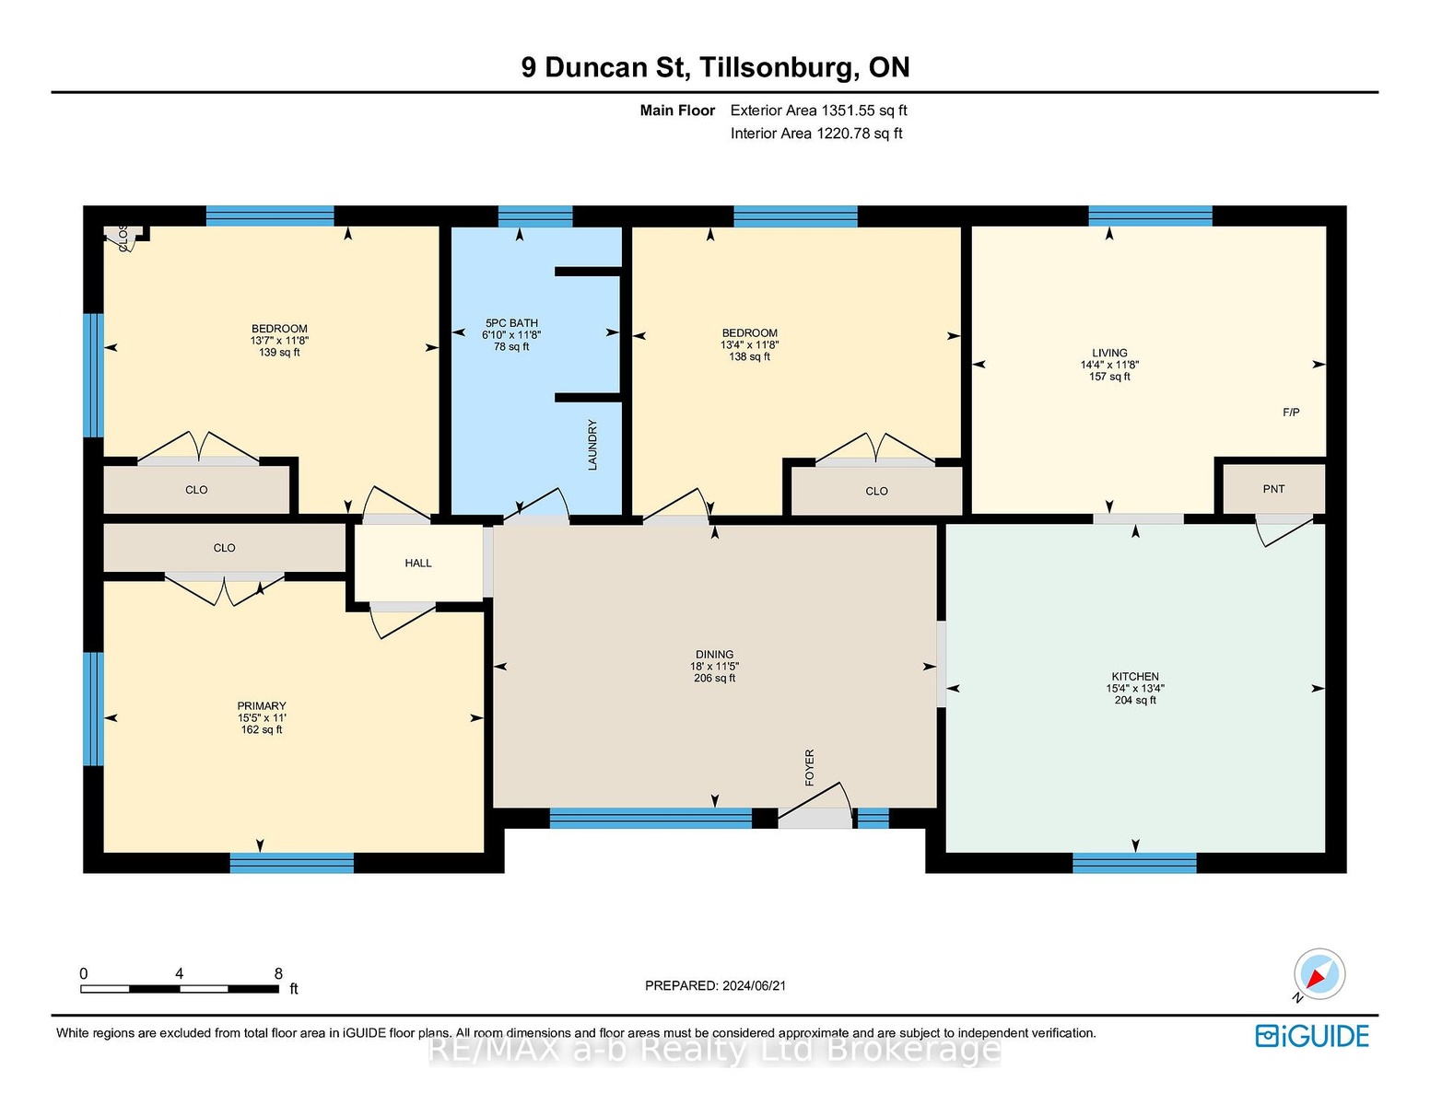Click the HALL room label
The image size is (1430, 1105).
tap(418, 563)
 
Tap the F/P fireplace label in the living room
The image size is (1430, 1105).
tap(1291, 413)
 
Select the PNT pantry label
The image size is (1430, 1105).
tap(1273, 488)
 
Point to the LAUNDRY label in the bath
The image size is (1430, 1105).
tap(592, 445)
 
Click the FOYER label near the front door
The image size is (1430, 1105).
tap(809, 767)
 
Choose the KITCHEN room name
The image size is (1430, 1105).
tap(1135, 677)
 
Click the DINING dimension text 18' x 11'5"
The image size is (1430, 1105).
tap(714, 666)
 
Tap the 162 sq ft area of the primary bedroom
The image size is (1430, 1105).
tap(262, 729)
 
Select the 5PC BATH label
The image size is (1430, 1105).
tap(511, 323)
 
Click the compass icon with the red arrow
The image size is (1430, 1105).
tap(1319, 973)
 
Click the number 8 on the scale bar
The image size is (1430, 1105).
tap(278, 973)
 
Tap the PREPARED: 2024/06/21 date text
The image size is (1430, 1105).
tap(715, 985)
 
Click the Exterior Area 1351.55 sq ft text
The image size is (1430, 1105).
tap(818, 110)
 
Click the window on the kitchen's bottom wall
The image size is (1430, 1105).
tap(1134, 863)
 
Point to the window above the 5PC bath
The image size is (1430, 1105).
tap(535, 216)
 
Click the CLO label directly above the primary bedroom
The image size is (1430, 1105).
tap(225, 548)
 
